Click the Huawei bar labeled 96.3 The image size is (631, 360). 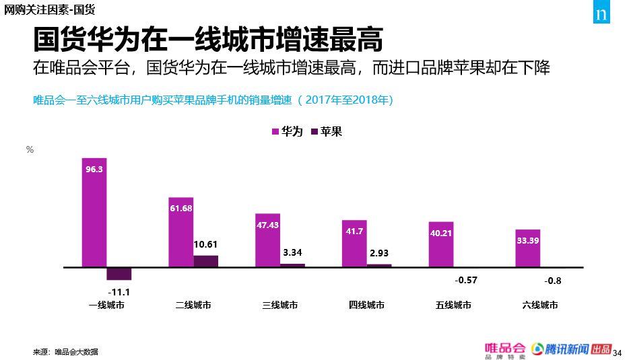click(x=94, y=213)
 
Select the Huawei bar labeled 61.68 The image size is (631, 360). click(x=181, y=232)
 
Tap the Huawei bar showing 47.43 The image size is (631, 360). click(x=267, y=240)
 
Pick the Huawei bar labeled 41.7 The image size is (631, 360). click(x=354, y=244)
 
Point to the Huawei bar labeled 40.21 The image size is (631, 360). click(x=441, y=244)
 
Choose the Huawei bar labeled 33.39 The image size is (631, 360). click(x=528, y=248)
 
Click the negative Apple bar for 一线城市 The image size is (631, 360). click(x=119, y=274)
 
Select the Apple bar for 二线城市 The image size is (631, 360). click(x=206, y=261)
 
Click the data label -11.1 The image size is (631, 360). click(x=119, y=291)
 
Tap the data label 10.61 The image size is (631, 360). click(x=205, y=244)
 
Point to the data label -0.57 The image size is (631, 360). click(x=466, y=280)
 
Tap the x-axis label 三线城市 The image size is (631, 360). click(x=280, y=305)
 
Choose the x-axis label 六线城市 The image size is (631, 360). click(x=540, y=305)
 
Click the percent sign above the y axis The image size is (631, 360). click(x=30, y=150)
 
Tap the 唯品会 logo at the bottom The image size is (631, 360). click(x=504, y=350)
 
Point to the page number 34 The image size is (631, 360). click(x=618, y=352)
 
